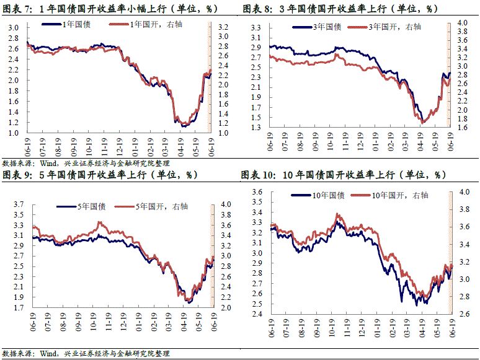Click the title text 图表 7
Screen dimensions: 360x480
[17, 9]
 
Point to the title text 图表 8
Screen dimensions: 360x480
[257, 9]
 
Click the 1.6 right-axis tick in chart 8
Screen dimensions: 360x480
[462, 128]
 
